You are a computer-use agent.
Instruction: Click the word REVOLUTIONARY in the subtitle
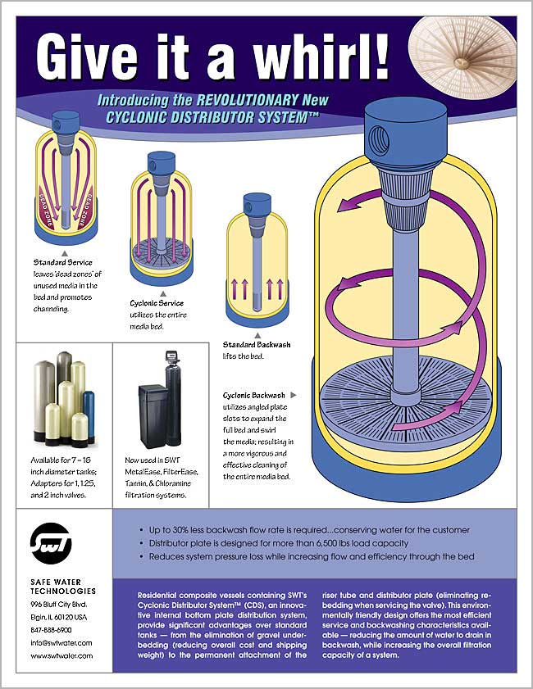(250, 101)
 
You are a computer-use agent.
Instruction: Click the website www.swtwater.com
(61, 655)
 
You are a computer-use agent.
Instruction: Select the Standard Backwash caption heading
(257, 345)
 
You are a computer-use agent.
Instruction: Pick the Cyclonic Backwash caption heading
(253, 394)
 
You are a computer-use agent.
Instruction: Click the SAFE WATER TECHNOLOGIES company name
(62, 586)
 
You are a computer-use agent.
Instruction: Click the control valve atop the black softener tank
(173, 358)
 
